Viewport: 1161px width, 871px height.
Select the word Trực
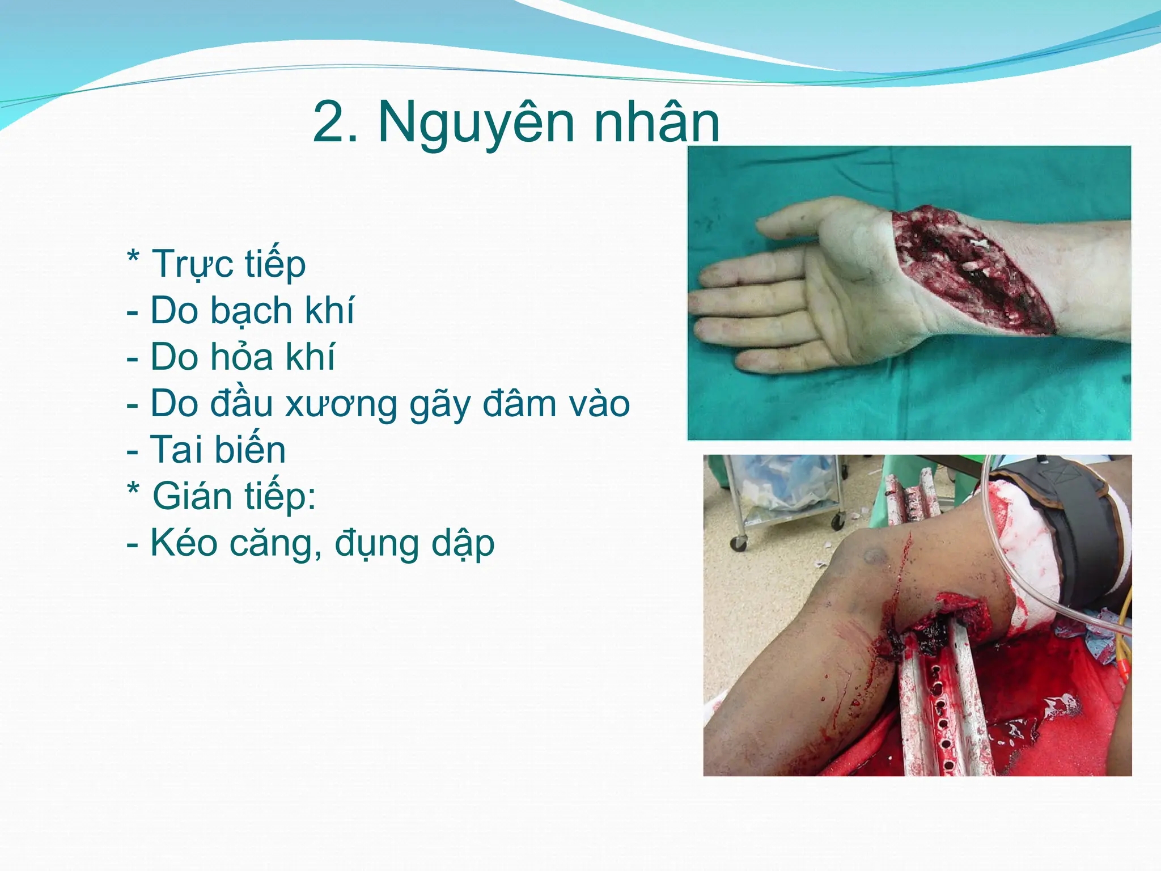click(x=193, y=265)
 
